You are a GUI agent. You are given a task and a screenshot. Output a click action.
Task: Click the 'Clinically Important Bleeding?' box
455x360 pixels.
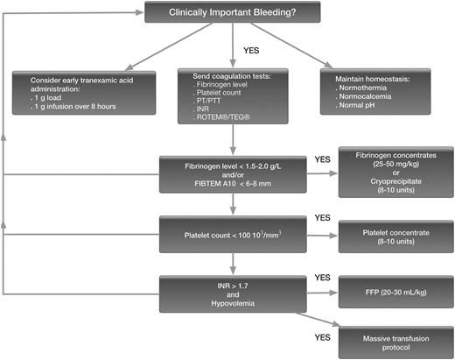click(x=234, y=12)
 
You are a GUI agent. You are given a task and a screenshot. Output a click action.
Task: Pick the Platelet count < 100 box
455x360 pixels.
click(x=234, y=232)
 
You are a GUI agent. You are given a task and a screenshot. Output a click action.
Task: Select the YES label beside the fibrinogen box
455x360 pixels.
click(x=322, y=160)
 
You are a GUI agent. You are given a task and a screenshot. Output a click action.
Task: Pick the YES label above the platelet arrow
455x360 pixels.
click(x=322, y=216)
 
